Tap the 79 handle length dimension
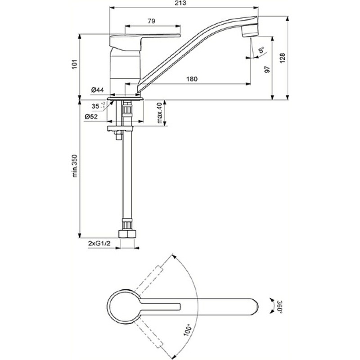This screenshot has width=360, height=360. (x=151, y=21)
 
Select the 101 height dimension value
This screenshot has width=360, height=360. (x=75, y=64)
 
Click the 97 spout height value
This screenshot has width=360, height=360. (x=267, y=69)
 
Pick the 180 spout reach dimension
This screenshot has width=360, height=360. (x=192, y=79)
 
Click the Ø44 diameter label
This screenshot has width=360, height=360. (x=97, y=90)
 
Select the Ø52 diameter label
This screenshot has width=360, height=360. (x=91, y=117)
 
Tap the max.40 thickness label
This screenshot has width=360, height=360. (x=160, y=113)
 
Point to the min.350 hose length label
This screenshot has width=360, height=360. (x=75, y=166)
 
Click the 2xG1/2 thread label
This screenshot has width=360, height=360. (x=99, y=243)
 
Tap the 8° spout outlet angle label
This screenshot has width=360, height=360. (x=261, y=49)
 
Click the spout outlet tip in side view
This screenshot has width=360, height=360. (x=250, y=35)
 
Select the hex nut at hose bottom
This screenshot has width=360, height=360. (x=127, y=234)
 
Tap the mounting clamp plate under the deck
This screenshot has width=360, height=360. (x=120, y=128)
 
